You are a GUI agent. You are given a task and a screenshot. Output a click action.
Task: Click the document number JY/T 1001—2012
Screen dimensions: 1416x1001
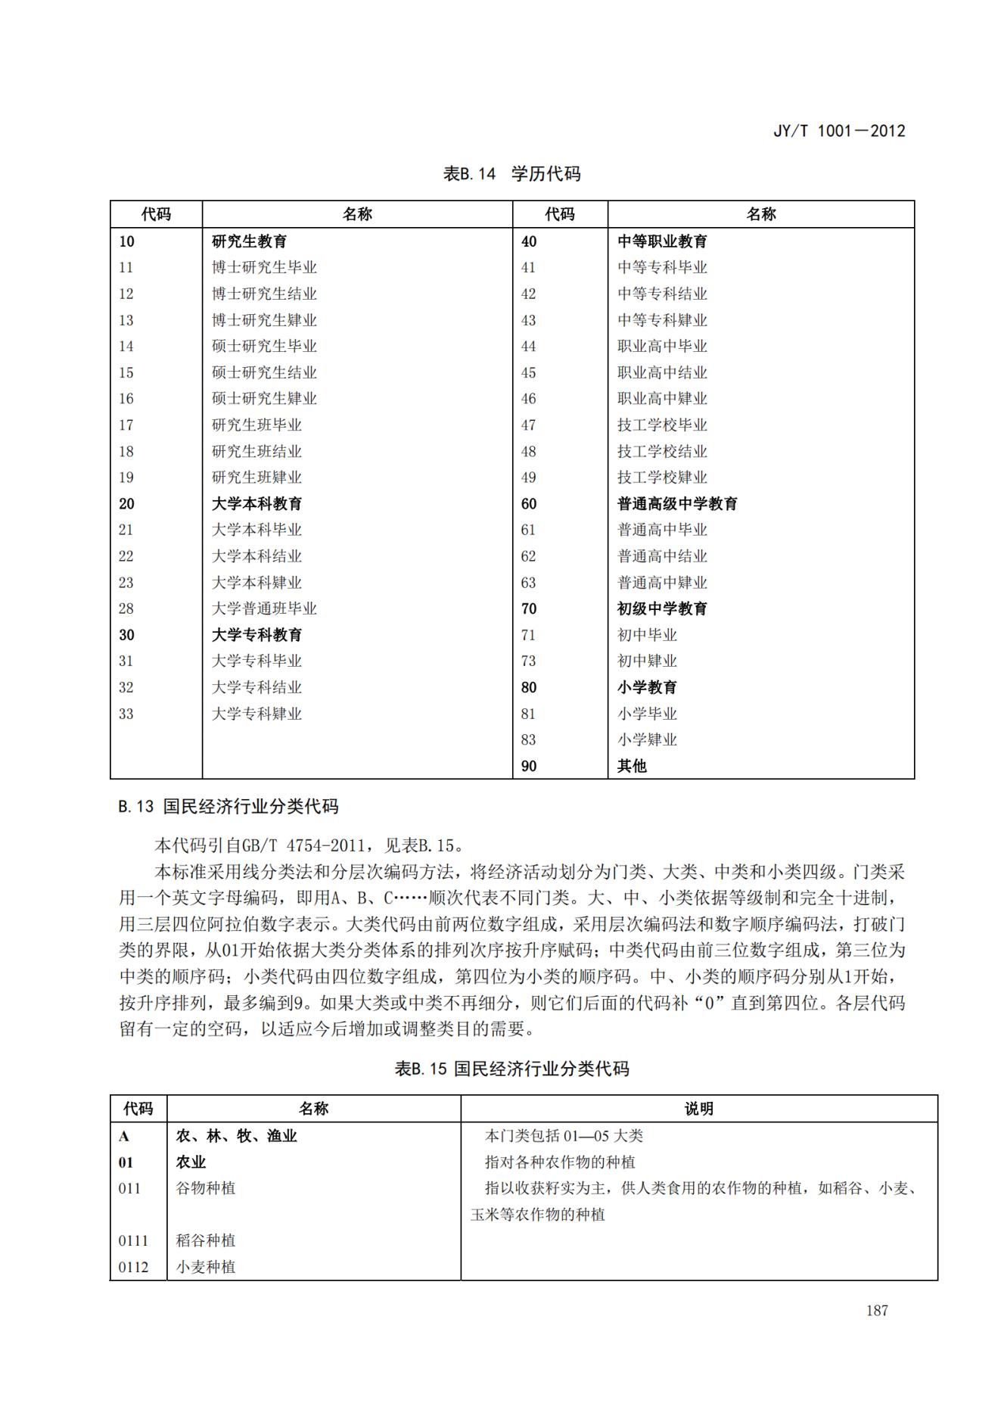838,130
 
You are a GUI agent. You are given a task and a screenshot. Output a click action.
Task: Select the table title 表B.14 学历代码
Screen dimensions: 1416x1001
511,173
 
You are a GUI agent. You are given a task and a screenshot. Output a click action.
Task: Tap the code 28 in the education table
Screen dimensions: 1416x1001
126,608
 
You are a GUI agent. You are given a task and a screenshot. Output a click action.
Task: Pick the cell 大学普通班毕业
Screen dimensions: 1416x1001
263,608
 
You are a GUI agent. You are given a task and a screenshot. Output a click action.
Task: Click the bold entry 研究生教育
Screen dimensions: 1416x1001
249,241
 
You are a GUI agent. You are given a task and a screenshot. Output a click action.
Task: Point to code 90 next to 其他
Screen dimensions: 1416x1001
529,766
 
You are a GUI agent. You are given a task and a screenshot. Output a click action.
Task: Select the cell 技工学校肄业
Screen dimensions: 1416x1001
662,478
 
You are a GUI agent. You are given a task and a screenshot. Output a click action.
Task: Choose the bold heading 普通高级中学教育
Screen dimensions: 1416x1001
677,504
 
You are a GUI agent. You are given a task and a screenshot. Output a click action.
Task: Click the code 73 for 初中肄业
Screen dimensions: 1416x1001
528,661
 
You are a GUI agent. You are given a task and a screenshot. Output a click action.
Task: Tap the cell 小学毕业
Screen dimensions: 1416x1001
647,714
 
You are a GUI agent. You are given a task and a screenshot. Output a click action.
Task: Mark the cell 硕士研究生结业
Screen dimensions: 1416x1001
263,372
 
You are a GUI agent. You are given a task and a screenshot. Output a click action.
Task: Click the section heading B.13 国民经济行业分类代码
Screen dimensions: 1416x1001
228,807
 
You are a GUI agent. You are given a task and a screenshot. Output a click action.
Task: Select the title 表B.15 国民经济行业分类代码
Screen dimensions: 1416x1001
511,1069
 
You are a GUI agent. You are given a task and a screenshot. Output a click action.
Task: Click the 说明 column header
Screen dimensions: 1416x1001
698,1109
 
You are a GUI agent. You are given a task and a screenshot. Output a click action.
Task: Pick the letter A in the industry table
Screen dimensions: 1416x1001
124,1136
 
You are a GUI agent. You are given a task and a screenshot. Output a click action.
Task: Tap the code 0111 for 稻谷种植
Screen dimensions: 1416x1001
133,1241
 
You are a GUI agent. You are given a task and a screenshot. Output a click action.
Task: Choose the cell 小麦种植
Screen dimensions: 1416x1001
206,1267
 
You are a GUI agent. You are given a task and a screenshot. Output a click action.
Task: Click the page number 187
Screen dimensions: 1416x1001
877,1311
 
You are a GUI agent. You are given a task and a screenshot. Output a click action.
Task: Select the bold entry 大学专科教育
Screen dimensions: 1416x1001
256,635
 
